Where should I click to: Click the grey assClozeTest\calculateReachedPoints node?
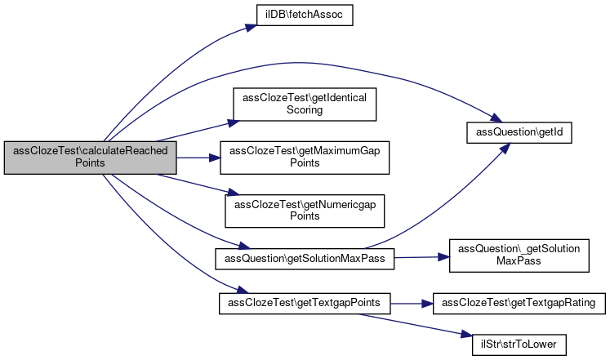coord(90,157)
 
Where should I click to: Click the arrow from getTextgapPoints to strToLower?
coord(408,321)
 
